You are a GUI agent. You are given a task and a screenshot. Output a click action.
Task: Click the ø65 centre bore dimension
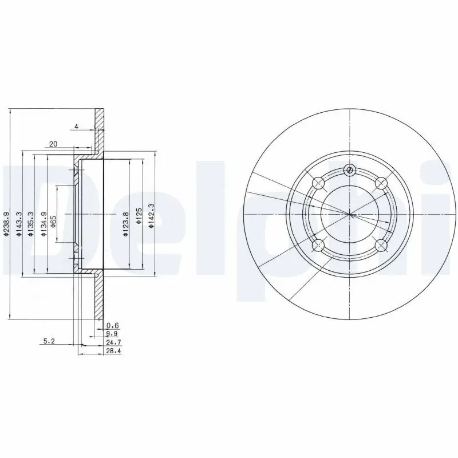[x=53, y=222]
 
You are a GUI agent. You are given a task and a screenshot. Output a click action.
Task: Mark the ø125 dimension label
[x=139, y=216]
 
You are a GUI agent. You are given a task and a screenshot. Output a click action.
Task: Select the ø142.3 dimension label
[x=151, y=216]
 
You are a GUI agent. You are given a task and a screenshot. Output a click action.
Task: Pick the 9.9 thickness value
[x=113, y=333]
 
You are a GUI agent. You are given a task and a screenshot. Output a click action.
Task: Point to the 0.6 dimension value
[x=113, y=325]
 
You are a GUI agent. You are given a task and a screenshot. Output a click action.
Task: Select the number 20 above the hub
[x=53, y=144]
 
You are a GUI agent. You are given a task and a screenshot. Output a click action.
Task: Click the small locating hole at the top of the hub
[x=350, y=170]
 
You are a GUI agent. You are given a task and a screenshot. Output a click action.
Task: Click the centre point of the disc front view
[x=350, y=215]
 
